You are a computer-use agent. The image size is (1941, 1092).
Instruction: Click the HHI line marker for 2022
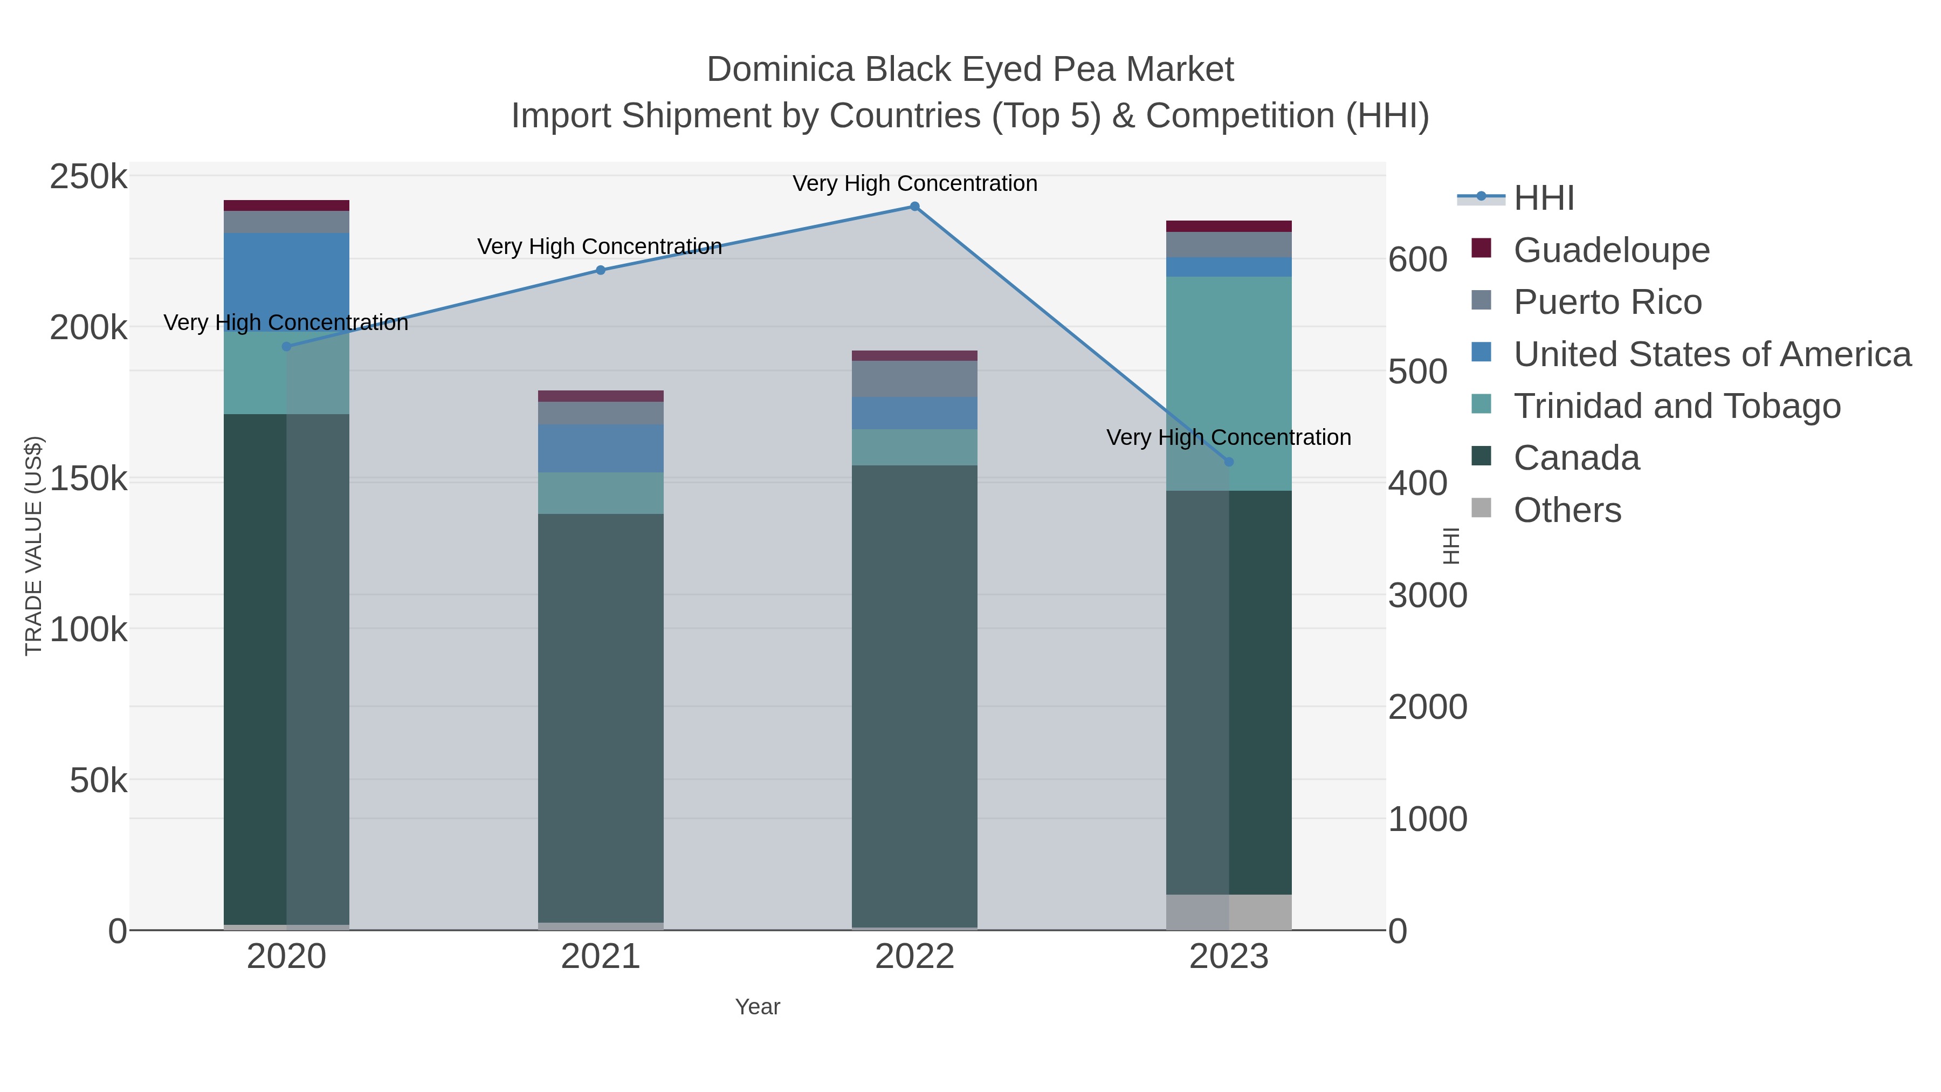914,207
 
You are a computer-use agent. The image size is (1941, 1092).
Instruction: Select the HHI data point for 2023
1229,462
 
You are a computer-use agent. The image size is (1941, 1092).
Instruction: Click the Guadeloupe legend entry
1611,250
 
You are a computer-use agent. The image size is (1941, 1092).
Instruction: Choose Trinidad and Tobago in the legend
1676,406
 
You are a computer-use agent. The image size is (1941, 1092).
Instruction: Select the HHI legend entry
1543,198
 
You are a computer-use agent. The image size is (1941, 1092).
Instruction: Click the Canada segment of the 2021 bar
601,716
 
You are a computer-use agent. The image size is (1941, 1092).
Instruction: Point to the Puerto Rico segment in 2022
914,379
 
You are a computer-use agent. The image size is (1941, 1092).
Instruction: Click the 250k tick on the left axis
88,178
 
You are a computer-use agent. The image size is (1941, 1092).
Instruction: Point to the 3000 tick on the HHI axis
1427,596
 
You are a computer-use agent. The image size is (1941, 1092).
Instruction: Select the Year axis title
758,1007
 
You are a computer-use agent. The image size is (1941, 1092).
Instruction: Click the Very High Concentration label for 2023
1228,438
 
